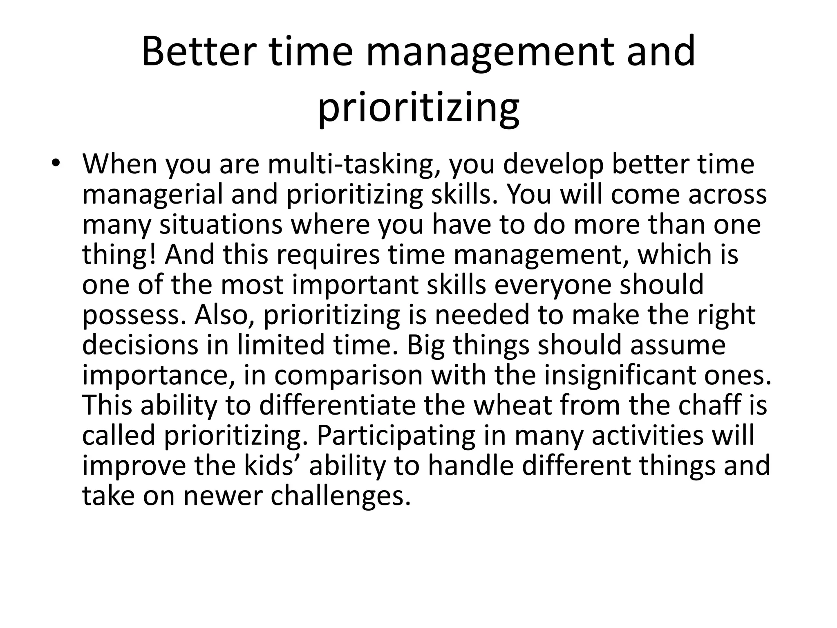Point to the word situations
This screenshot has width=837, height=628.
[221, 224]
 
